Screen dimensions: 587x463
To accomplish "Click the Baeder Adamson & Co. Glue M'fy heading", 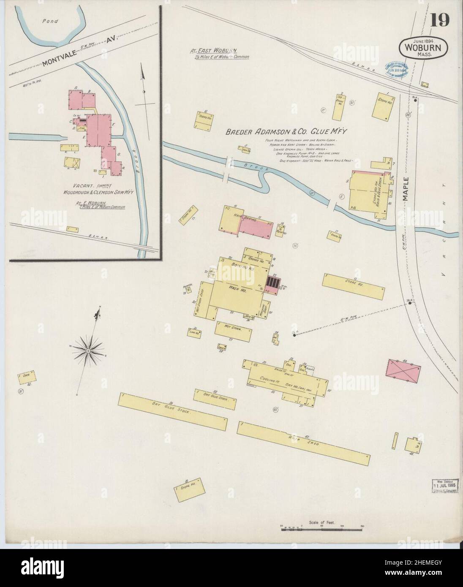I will tap(286, 132).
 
